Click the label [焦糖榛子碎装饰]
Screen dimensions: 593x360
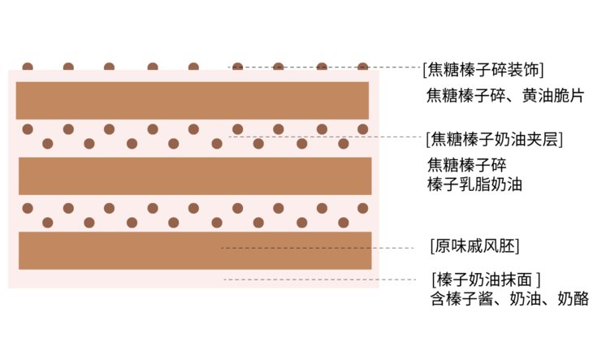pyautogui.click(x=483, y=68)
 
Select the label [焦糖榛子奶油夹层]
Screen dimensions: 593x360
pyautogui.click(x=494, y=138)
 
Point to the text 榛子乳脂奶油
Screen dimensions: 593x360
pyautogui.click(x=474, y=184)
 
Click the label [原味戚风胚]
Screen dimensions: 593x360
pyautogui.click(x=474, y=245)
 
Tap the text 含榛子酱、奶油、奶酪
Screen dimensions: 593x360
pyautogui.click(x=509, y=298)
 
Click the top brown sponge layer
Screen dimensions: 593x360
pyautogui.click(x=193, y=100)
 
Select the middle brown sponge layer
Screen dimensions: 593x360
pyautogui.click(x=195, y=176)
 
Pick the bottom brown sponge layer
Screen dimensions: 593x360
pyautogui.click(x=195, y=250)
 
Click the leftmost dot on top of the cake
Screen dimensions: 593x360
pyautogui.click(x=28, y=67)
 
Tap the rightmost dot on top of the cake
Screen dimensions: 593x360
pyautogui.click(x=363, y=67)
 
